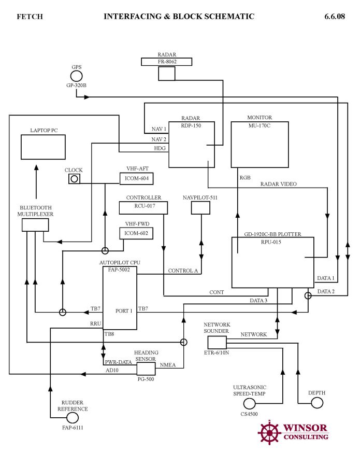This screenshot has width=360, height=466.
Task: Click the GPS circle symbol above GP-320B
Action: click(77, 76)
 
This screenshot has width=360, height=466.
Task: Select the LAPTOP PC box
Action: click(43, 147)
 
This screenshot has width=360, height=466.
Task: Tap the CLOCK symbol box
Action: click(74, 178)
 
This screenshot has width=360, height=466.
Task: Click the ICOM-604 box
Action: click(137, 178)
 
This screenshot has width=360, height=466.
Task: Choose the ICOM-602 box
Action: click(137, 233)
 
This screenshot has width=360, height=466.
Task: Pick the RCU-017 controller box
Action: click(144, 207)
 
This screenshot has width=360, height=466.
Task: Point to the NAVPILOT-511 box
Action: click(200, 208)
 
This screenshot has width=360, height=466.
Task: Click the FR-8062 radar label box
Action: click(166, 62)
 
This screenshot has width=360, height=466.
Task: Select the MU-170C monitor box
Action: click(260, 145)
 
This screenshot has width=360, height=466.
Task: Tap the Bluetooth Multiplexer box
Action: click(35, 224)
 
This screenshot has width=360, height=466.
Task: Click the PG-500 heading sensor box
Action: click(146, 369)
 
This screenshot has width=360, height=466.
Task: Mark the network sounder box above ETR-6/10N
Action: click(217, 342)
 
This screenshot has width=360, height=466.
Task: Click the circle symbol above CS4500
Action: click(250, 403)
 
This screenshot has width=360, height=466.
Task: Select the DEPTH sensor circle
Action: click(316, 403)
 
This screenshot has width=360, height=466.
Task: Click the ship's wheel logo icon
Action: click(269, 432)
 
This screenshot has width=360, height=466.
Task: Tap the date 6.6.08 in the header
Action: click(334, 17)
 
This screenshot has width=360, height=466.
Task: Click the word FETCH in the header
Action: click(30, 17)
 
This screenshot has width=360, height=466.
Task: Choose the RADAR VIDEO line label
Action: click(278, 184)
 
